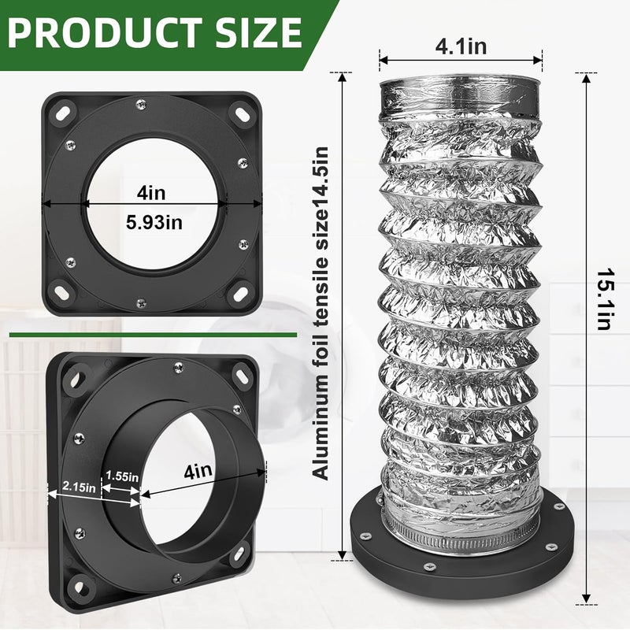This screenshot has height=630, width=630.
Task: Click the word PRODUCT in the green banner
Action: pyautogui.click(x=106, y=33)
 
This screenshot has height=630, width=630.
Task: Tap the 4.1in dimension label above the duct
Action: pyautogui.click(x=461, y=46)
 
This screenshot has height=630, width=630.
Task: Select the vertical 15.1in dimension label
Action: pyautogui.click(x=603, y=299)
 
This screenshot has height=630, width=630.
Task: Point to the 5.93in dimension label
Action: pyautogui.click(x=154, y=222)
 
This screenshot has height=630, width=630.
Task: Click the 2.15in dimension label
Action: pyautogui.click(x=80, y=487)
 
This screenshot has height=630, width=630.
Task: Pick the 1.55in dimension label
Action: pyautogui.click(x=122, y=476)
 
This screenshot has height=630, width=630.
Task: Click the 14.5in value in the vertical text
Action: pyautogui.click(x=321, y=176)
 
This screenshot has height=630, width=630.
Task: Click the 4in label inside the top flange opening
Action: pyautogui.click(x=151, y=193)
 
